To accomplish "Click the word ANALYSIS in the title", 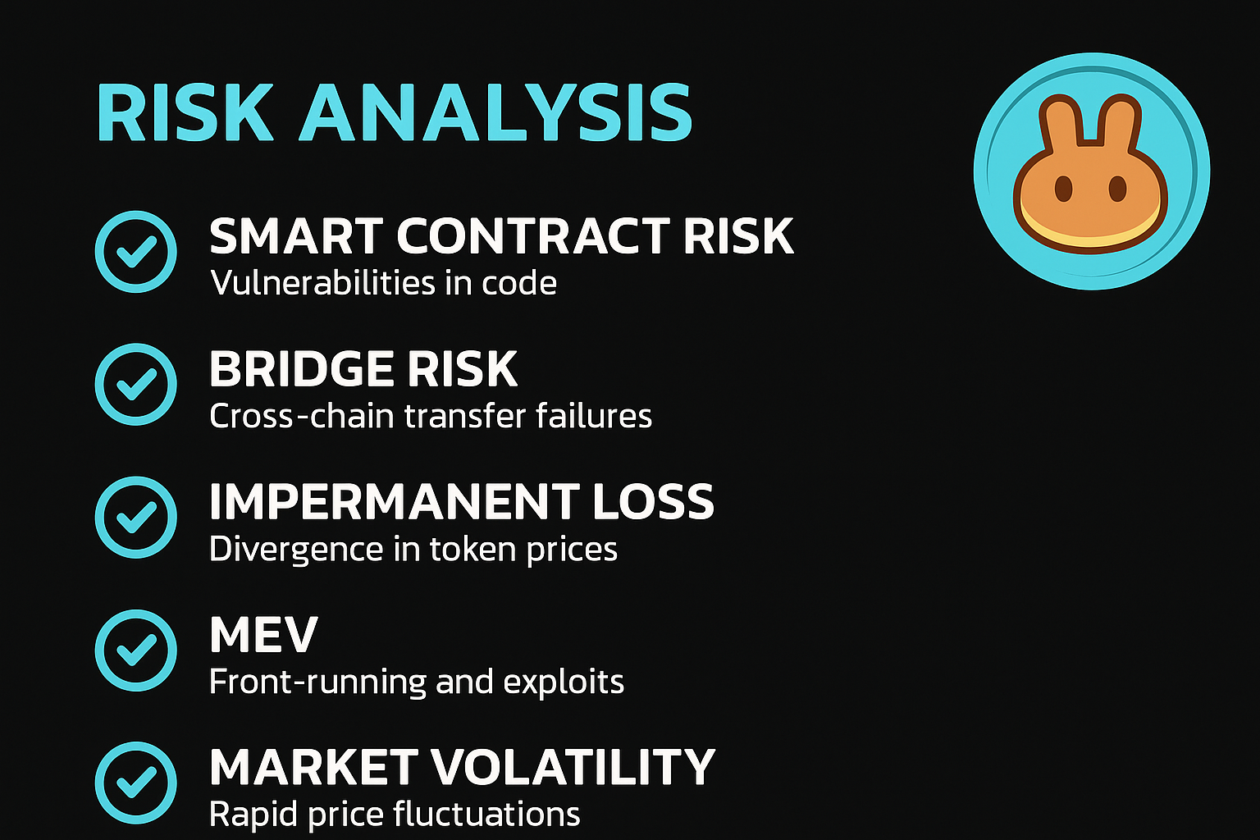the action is click(495, 112).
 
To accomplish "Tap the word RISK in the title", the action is click(185, 112).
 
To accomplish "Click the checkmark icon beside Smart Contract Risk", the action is click(135, 252).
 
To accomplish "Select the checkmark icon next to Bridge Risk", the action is click(135, 384).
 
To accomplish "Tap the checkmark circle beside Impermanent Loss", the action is click(135, 517).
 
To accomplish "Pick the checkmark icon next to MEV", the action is click(135, 650).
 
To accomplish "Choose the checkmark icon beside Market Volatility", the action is click(135, 783).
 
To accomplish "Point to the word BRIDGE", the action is click(301, 369).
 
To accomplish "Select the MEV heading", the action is click(263, 634).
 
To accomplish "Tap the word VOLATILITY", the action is click(573, 767).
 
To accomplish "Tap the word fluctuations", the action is click(486, 814).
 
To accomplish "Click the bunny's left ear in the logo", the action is click(1060, 125).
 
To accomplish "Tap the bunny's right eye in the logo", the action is click(1117, 189).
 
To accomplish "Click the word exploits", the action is click(563, 682).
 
